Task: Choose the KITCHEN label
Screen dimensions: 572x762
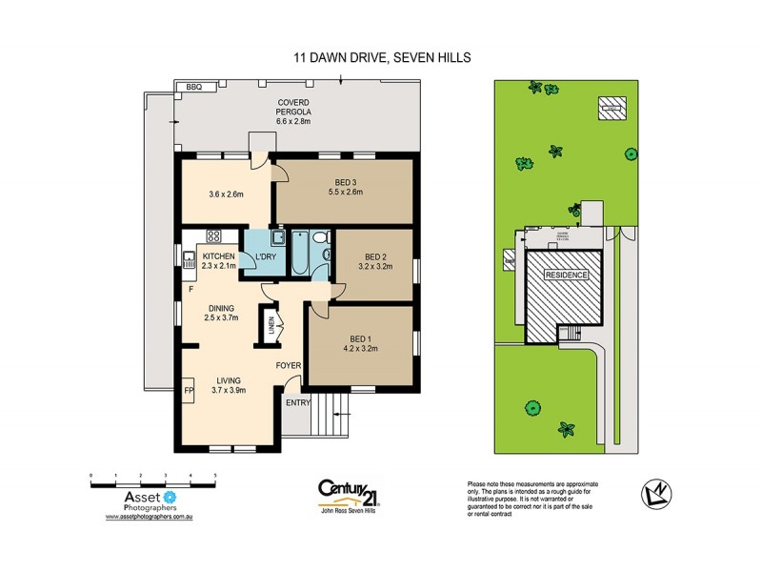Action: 217,257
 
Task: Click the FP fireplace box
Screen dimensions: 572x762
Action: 187,391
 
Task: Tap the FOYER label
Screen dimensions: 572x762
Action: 289,365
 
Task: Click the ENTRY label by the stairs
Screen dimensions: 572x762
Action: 296,401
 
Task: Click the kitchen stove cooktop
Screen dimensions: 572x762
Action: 214,235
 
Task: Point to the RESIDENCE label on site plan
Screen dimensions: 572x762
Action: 566,275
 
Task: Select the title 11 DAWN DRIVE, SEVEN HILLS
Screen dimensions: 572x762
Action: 381,58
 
